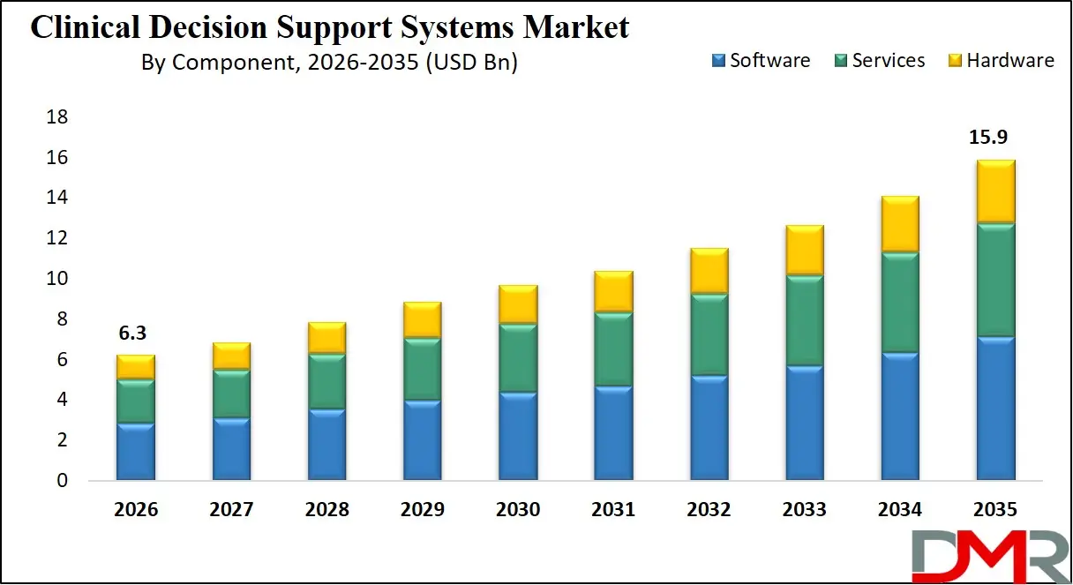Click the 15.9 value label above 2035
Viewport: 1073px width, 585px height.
(988, 138)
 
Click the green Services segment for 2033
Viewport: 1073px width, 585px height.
(804, 320)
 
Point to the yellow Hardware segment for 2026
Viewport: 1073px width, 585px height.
(135, 367)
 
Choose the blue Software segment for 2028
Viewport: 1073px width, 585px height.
(326, 445)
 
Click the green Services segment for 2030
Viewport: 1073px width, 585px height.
(519, 358)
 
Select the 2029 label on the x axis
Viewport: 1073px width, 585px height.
(422, 510)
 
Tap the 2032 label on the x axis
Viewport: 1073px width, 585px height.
(709, 510)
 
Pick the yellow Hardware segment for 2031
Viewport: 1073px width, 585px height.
(613, 291)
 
